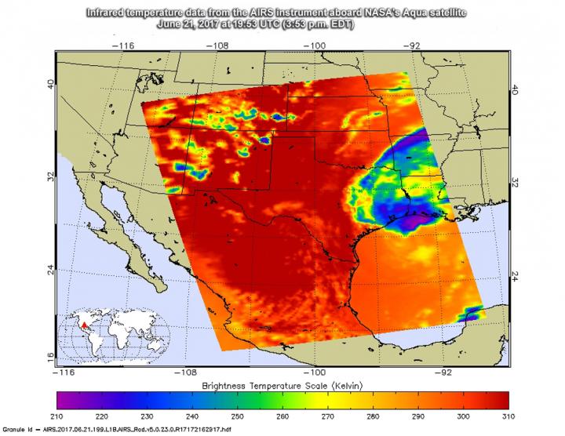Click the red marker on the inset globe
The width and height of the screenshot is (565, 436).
coord(85,322)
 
